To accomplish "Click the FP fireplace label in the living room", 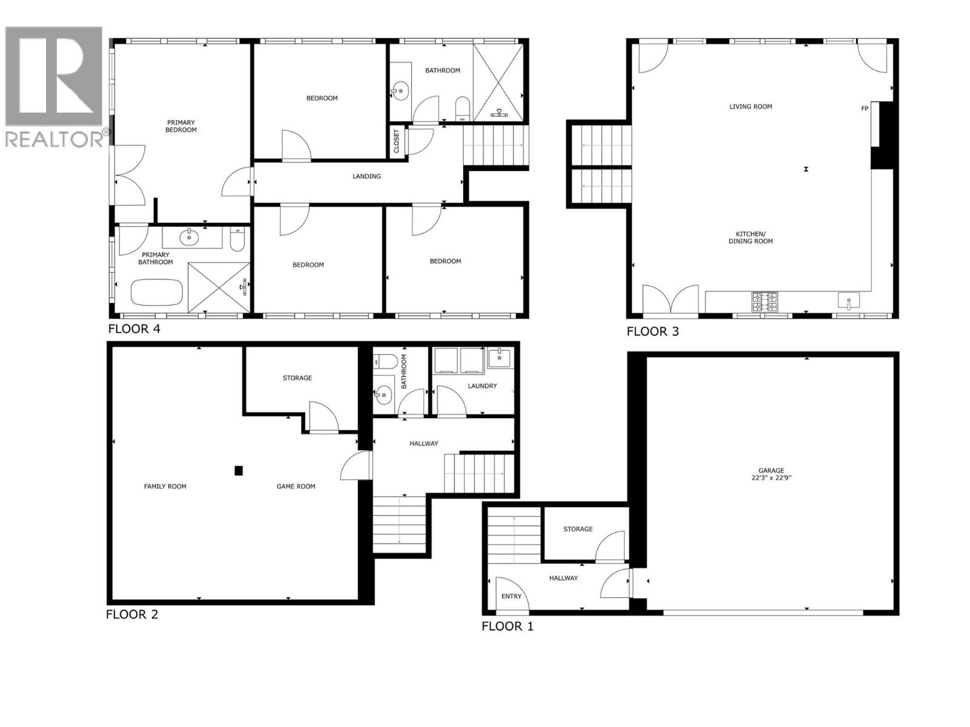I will click(865, 109).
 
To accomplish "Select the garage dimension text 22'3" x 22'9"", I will click(771, 478).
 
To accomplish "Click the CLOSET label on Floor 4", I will click(397, 141).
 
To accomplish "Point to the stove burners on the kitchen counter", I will click(764, 301).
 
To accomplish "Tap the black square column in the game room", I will click(239, 470).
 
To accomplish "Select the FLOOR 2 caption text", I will click(132, 614).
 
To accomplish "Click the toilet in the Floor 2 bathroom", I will click(386, 363).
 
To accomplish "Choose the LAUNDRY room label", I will click(482, 386).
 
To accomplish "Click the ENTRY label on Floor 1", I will click(511, 597).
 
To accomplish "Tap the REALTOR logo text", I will click(55, 139).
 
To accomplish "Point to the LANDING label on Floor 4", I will click(367, 176).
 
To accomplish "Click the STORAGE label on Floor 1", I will click(578, 529).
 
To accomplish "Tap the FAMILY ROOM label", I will click(165, 486).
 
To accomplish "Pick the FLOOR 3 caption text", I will click(652, 331).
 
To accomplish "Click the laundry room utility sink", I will click(499, 359).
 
